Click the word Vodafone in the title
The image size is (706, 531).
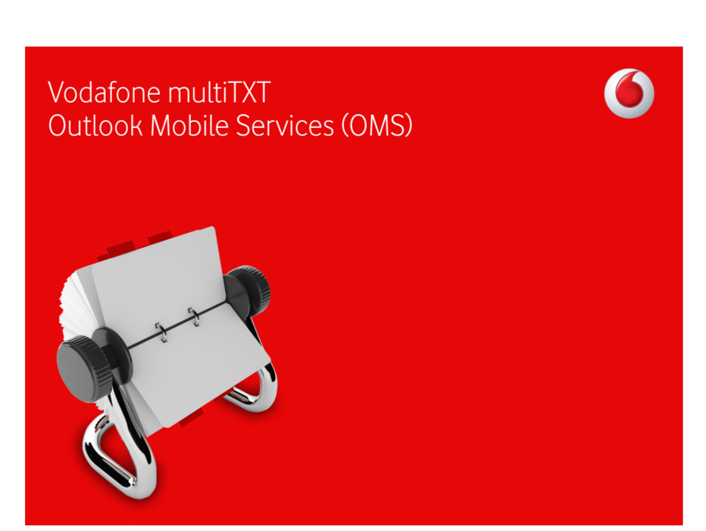(x=104, y=92)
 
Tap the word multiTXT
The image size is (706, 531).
(x=219, y=92)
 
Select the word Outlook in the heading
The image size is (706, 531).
(x=95, y=125)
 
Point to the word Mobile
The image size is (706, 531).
(x=190, y=125)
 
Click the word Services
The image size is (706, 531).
(x=285, y=125)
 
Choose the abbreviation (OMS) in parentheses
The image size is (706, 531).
(x=377, y=125)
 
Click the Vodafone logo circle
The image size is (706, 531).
(x=629, y=93)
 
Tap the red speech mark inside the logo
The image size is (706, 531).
(x=629, y=91)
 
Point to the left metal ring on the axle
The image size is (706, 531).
(x=161, y=332)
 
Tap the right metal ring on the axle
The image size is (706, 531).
(x=194, y=316)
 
